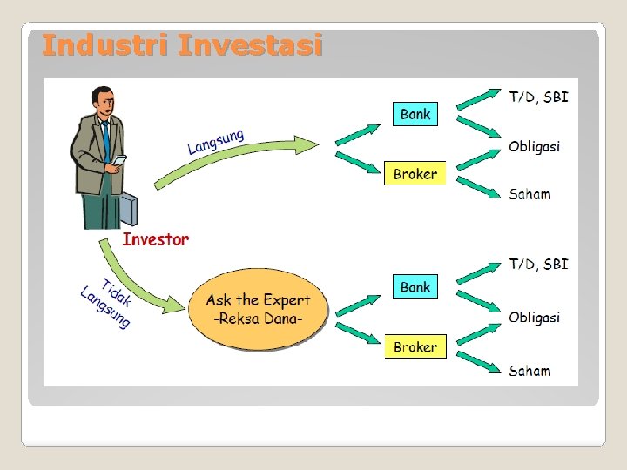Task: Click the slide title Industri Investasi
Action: click(x=181, y=44)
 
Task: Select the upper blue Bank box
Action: click(x=415, y=114)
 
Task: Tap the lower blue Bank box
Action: click(x=415, y=287)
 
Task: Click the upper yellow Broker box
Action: click(x=415, y=174)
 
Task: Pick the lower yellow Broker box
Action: click(x=415, y=347)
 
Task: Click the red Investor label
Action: click(x=155, y=239)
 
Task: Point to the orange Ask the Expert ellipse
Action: click(x=258, y=309)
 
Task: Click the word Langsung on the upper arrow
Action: click(x=215, y=142)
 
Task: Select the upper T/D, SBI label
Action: click(x=538, y=97)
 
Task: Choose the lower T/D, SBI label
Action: click(x=538, y=264)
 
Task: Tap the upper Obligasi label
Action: click(x=534, y=146)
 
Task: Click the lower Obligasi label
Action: click(x=534, y=318)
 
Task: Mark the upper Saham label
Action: click(x=529, y=194)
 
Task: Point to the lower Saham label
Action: click(x=529, y=371)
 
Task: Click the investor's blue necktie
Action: click(x=106, y=139)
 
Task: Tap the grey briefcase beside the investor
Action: click(x=125, y=210)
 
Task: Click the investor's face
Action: click(x=106, y=106)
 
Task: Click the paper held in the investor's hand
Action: click(x=119, y=160)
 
